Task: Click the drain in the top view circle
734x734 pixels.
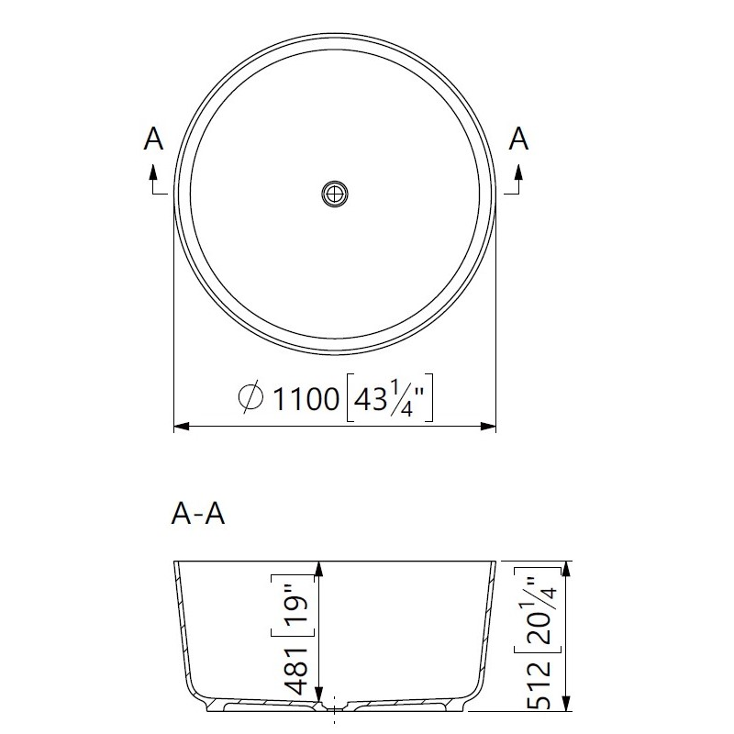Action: pos(335,194)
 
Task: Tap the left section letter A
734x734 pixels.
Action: pos(153,139)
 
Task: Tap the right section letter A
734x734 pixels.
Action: pos(518,139)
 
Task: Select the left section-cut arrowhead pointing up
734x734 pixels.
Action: pos(152,172)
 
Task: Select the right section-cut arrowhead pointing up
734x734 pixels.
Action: pos(517,172)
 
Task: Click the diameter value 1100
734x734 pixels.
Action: pos(306,399)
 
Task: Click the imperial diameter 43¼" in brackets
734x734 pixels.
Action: pos(389,398)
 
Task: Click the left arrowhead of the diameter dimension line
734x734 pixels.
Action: pos(182,426)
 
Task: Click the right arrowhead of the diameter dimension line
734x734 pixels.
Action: pos(488,426)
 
